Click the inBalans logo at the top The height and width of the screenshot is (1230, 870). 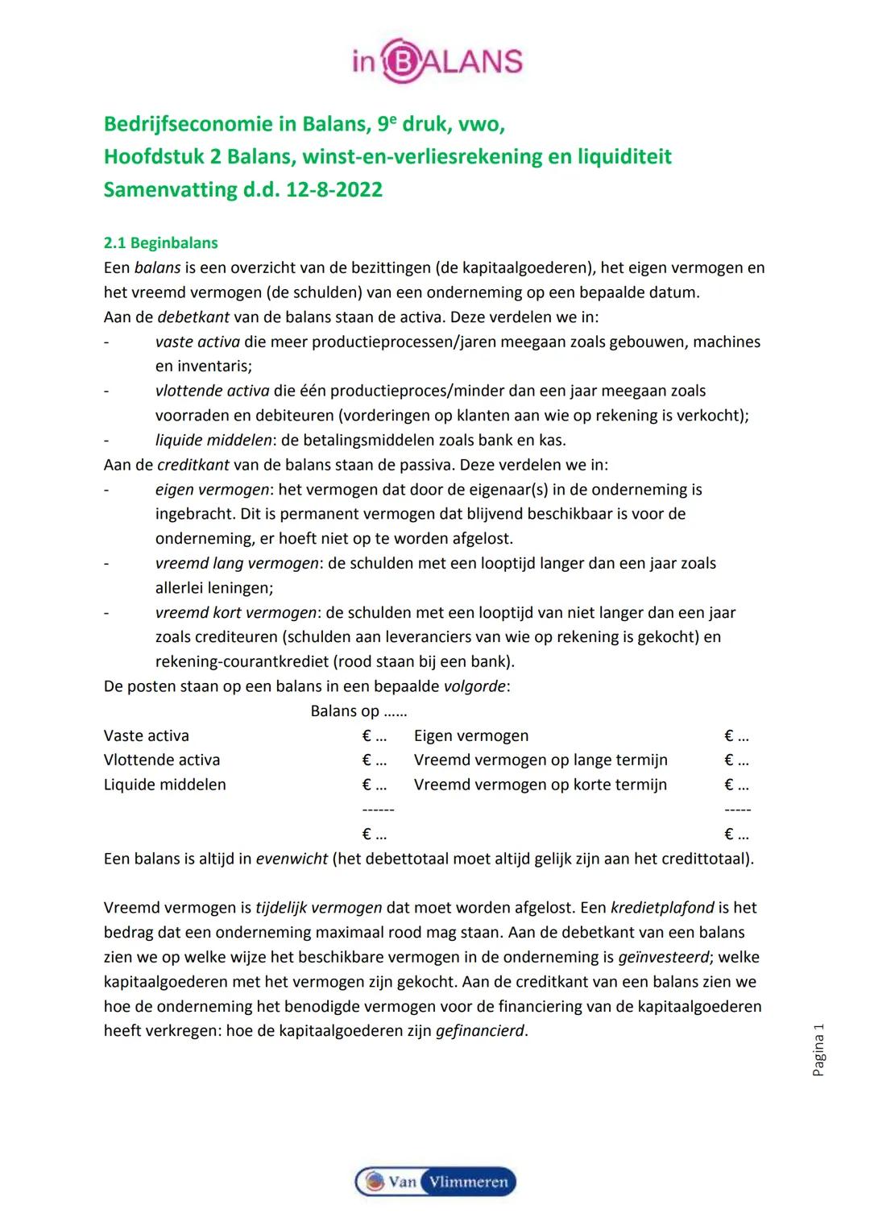437,60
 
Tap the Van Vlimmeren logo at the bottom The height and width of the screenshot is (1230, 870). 435,1181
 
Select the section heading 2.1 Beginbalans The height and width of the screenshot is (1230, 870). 160,243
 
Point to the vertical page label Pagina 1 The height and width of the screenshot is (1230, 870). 818,1050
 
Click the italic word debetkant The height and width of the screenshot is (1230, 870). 193,317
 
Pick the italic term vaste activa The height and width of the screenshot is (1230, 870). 197,342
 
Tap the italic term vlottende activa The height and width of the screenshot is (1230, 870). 213,391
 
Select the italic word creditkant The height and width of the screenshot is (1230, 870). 193,466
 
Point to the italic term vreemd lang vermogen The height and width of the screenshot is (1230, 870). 237,564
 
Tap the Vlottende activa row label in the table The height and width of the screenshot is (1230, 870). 162,760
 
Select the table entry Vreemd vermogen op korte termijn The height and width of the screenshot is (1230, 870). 541,785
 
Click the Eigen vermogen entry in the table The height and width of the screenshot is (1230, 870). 471,736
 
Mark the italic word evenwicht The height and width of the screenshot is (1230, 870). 292,859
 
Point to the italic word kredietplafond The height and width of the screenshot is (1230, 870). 662,908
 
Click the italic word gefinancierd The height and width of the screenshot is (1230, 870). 479,1031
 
